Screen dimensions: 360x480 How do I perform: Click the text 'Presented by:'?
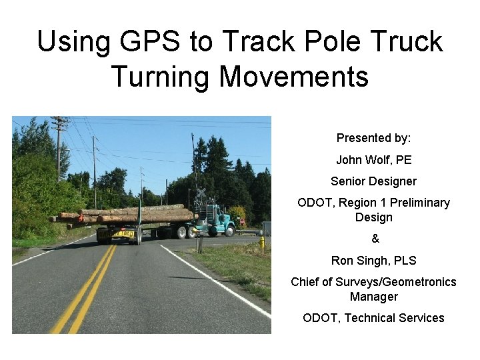373,138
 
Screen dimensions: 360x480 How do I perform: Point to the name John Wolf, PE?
373,160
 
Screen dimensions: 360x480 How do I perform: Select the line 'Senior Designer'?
373,181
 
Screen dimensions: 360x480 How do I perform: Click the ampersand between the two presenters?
374,239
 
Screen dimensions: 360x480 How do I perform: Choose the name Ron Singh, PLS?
373,261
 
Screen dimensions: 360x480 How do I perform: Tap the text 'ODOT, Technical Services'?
373,318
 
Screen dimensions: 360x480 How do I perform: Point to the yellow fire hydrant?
262,242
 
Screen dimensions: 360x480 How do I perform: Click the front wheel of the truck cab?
229,231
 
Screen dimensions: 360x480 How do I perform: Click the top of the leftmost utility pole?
59,121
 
